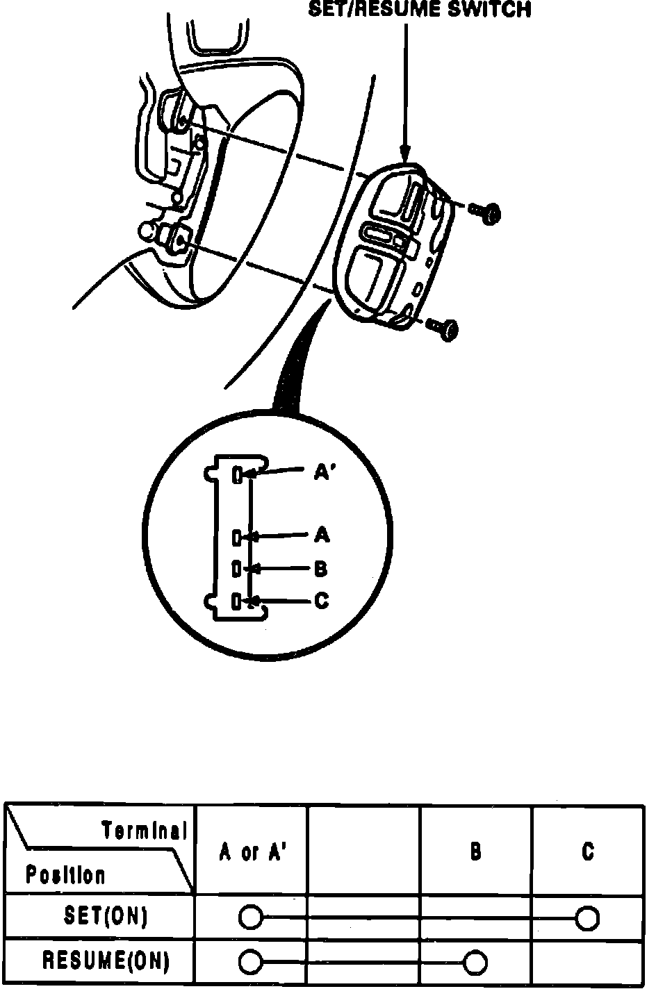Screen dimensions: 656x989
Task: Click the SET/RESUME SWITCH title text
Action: point(420,9)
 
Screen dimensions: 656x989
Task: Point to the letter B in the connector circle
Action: point(320,569)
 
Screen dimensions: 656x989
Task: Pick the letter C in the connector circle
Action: point(321,600)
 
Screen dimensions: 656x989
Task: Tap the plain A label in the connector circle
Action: point(322,535)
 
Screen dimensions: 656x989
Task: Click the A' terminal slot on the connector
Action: point(237,475)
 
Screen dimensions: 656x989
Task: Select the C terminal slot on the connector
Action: point(237,601)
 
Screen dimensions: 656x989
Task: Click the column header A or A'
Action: point(252,852)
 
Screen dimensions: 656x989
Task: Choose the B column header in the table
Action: point(476,851)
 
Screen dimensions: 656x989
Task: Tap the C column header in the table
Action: point(588,851)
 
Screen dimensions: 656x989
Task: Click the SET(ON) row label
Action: point(106,917)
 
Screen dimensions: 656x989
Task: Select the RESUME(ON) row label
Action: point(106,961)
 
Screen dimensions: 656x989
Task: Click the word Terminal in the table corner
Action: point(145,830)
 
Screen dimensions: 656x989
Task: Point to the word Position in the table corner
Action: point(66,874)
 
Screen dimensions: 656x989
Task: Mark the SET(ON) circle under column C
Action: point(588,918)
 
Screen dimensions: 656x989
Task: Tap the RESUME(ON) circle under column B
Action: point(476,963)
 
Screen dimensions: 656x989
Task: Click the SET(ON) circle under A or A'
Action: point(250,918)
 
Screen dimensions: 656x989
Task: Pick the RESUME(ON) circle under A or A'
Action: point(250,963)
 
